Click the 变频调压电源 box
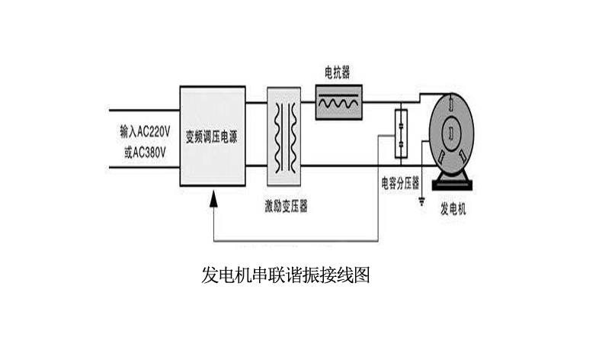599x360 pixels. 213,137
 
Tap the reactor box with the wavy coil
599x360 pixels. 340,102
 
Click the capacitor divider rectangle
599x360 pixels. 399,130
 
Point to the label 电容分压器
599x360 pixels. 400,183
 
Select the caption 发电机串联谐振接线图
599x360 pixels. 285,275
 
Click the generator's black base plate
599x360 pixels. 453,184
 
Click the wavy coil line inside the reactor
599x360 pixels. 340,102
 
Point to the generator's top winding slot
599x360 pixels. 452,104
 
